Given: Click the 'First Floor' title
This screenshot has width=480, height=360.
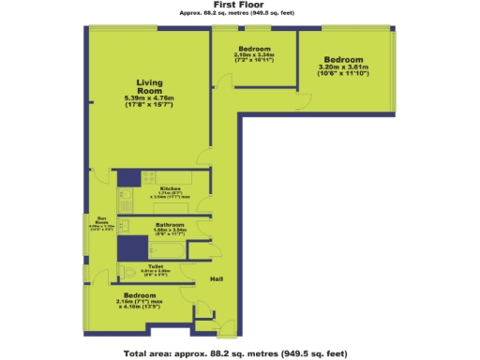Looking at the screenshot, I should (x=231, y=5).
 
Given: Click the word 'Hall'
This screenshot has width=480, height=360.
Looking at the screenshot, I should (x=216, y=279).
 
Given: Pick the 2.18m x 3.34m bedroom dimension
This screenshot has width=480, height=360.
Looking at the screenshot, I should (x=254, y=54).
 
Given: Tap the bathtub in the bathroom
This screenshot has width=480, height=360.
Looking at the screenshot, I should (x=133, y=247).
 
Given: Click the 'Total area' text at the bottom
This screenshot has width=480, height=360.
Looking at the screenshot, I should (x=235, y=353).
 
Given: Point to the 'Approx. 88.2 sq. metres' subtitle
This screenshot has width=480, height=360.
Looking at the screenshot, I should (x=231, y=14).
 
